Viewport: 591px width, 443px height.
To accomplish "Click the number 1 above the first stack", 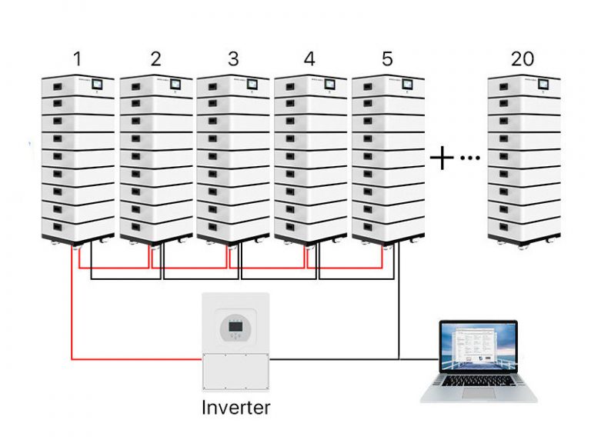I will coord(77,58).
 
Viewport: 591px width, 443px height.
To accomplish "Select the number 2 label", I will coord(155,58).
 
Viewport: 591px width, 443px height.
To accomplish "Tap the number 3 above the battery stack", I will coord(232,58).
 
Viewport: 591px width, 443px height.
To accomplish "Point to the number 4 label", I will coord(309,58).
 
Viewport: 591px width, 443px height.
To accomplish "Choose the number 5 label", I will coord(387,58).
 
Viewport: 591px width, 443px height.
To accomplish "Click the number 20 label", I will coord(523,58).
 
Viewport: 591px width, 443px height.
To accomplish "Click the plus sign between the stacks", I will coord(442,158).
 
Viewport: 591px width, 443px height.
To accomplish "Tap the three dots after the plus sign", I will coord(469,158).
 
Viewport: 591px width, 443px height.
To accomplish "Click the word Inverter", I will coord(235,407).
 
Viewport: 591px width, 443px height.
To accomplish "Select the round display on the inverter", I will coord(235,328).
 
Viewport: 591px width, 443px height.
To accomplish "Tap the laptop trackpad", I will coord(479,393).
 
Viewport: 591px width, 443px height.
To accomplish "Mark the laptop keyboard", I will coord(479,381).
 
